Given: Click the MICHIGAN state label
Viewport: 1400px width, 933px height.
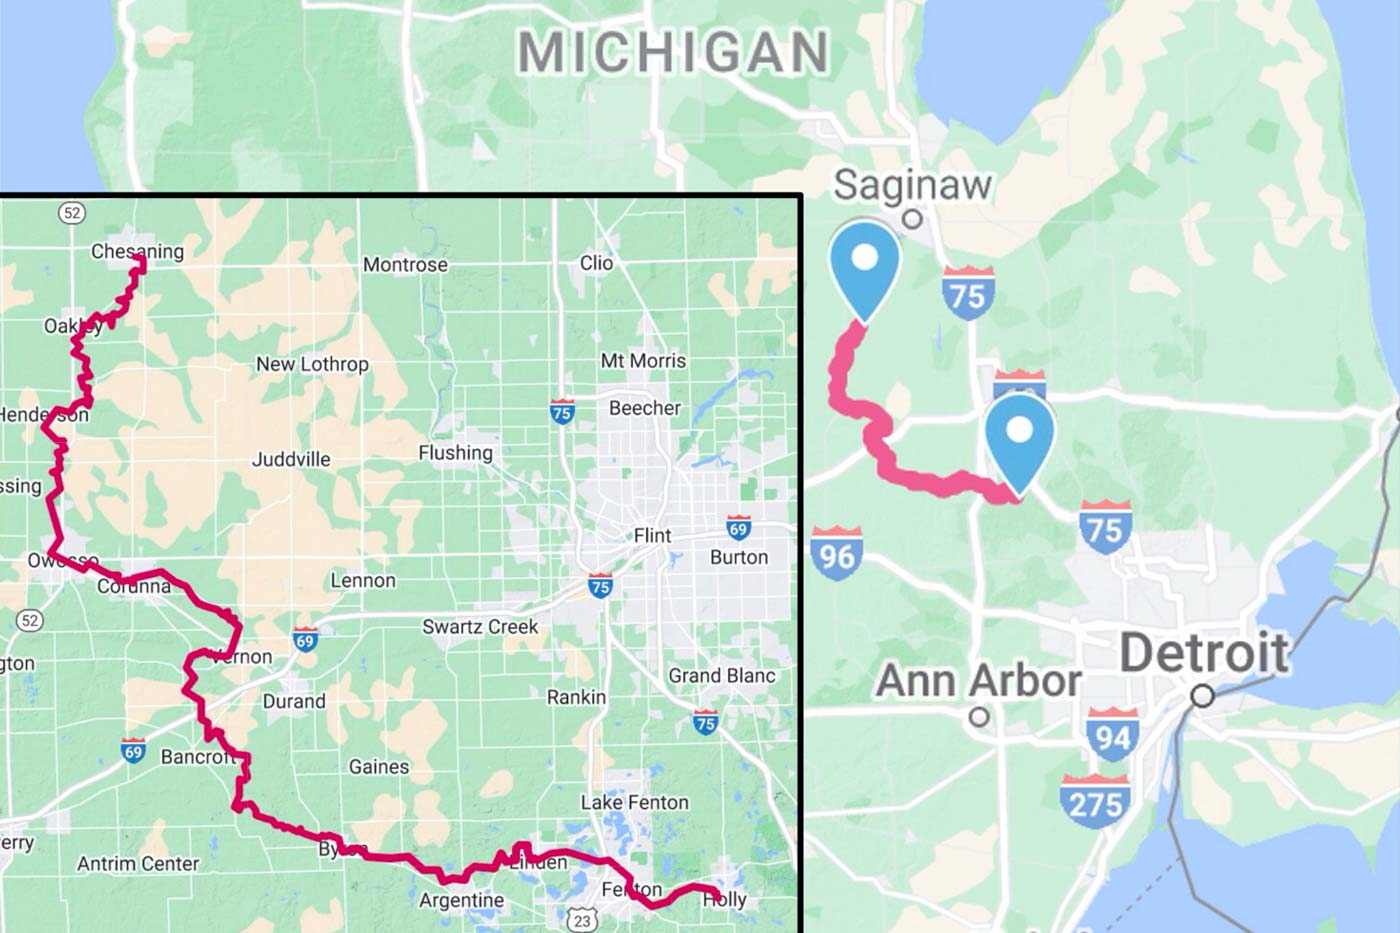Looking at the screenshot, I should pyautogui.click(x=673, y=52).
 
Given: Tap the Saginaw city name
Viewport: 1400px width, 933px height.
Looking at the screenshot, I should pyautogui.click(x=912, y=185).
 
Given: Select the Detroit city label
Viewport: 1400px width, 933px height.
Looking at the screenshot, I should pyautogui.click(x=1204, y=653).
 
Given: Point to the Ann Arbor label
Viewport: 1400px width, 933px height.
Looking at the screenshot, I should pyautogui.click(x=978, y=681).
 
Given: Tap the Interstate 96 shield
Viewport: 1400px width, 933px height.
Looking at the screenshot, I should pyautogui.click(x=836, y=553).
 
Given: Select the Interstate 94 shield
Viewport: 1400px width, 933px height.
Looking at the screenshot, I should pyautogui.click(x=1112, y=736).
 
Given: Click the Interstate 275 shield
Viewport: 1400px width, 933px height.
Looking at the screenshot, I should pyautogui.click(x=1095, y=802).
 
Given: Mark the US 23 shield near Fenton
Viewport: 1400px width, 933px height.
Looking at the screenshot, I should pyautogui.click(x=582, y=919).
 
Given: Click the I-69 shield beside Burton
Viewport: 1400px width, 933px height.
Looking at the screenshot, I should pyautogui.click(x=738, y=529).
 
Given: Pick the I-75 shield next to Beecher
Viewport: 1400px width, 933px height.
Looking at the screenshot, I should pyautogui.click(x=562, y=412).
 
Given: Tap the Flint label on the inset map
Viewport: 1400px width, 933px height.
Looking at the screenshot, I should pyautogui.click(x=652, y=536).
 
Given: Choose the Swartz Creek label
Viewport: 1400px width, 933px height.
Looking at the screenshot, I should pyautogui.click(x=480, y=627).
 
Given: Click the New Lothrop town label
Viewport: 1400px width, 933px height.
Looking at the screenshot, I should pyautogui.click(x=312, y=364).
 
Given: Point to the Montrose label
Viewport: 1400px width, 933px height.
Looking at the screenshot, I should pyautogui.click(x=405, y=265).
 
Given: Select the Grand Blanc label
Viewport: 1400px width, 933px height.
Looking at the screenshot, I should pyautogui.click(x=721, y=676).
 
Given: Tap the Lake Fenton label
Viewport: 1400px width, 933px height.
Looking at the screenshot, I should pyautogui.click(x=634, y=802).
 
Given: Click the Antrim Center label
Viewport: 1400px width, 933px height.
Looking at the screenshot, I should pyautogui.click(x=138, y=863).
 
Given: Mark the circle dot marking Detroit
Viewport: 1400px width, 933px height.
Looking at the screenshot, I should pyautogui.click(x=1203, y=695).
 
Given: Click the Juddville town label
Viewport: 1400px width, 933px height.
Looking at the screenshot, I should pyautogui.click(x=291, y=459).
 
